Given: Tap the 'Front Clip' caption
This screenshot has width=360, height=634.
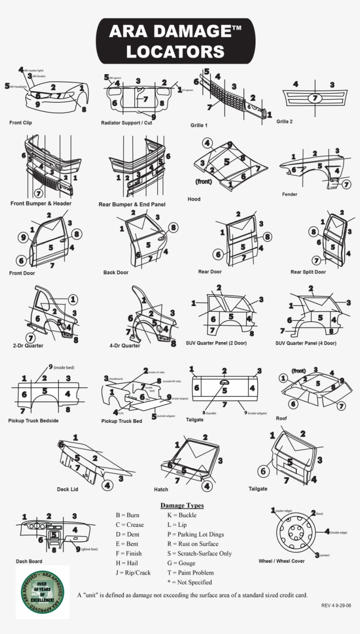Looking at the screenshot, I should tap(21, 122).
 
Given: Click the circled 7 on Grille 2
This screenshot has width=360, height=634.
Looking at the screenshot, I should tap(314, 98).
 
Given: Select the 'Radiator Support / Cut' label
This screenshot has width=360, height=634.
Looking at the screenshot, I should tap(126, 122).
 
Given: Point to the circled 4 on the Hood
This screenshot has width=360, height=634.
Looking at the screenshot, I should tap(208, 143).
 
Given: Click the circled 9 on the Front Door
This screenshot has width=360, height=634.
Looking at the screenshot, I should tap(23, 238).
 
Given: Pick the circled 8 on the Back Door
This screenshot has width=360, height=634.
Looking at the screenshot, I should tap(173, 227).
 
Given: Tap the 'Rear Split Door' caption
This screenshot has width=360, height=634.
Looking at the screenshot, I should tap(308, 272).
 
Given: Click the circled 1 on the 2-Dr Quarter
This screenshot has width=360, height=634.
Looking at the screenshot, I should tap(73, 299).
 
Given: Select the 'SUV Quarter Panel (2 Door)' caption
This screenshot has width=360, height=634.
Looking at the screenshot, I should tap(216, 343).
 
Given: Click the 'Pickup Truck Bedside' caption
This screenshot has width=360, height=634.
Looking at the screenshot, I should tap(33, 421).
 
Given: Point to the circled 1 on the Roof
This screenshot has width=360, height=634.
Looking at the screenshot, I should tap(284, 378).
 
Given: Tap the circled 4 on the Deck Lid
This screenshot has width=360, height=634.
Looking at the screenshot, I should tap(108, 485).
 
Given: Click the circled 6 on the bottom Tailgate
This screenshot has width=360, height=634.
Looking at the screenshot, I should tap(263, 472).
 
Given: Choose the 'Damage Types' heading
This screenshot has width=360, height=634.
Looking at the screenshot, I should tap(182, 505).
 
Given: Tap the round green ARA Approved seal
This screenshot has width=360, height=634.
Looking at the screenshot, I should tap(43, 592).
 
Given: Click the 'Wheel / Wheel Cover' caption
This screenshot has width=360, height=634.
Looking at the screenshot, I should tap(281, 561).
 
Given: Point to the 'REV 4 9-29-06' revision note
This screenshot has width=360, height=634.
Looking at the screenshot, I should tap(336, 605).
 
